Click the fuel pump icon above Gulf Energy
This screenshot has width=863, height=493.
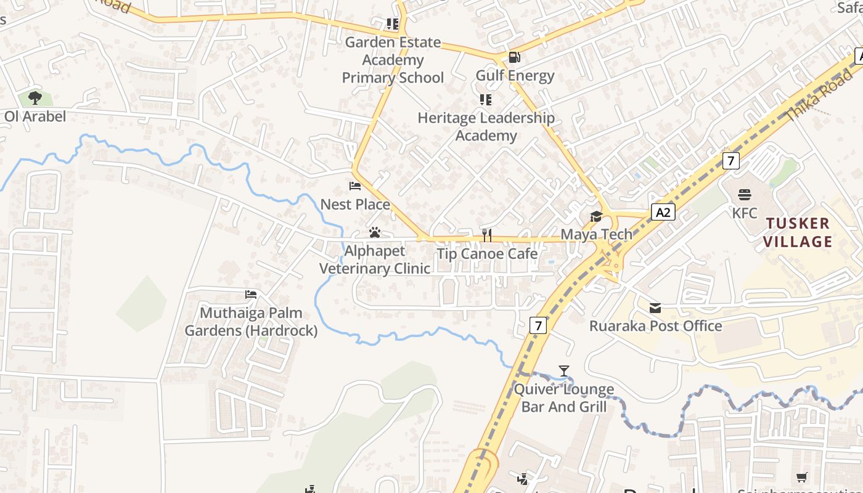(513, 57)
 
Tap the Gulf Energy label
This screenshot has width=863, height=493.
(515, 76)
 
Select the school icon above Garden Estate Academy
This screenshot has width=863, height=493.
(392, 24)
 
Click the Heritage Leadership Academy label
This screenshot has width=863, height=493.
(486, 126)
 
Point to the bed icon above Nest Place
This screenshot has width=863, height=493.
(355, 185)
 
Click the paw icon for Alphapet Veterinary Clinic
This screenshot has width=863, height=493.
(374, 232)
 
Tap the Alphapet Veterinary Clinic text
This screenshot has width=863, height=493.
(374, 259)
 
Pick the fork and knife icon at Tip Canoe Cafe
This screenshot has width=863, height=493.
(486, 235)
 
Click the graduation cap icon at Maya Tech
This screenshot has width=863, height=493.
(595, 216)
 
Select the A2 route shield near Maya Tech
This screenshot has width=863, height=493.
(663, 213)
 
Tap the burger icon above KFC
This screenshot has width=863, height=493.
(745, 195)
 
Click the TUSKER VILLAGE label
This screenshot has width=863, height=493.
(798, 232)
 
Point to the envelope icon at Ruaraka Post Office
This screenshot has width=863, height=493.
(655, 308)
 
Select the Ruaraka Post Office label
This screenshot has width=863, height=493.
(655, 326)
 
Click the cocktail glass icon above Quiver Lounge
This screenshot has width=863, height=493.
(563, 370)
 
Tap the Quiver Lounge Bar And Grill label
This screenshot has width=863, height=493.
(564, 398)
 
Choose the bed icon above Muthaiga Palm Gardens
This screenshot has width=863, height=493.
(250, 294)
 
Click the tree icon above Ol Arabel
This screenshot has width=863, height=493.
(35, 97)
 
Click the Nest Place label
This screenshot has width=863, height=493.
(355, 204)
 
